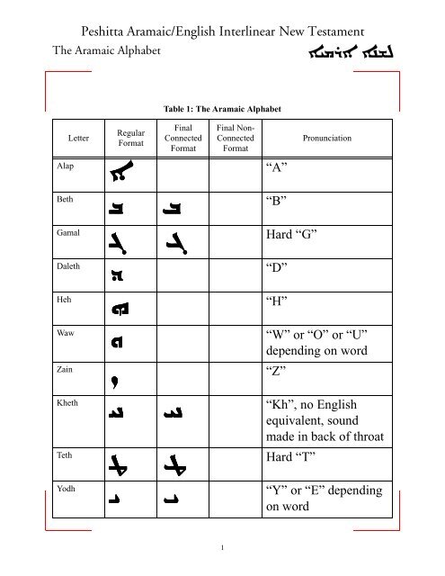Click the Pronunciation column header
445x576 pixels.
tap(328, 139)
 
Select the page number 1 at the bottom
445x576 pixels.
tap(221, 548)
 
